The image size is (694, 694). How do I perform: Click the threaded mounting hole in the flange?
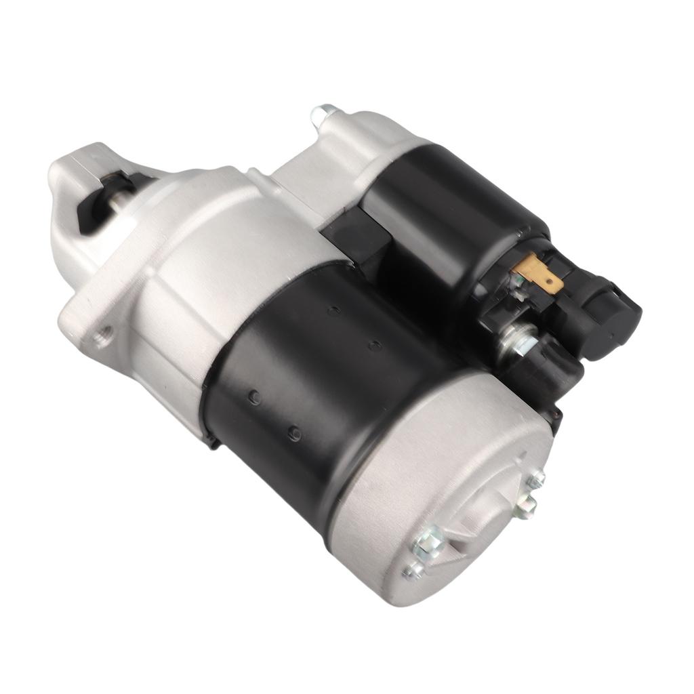tap(105, 333)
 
